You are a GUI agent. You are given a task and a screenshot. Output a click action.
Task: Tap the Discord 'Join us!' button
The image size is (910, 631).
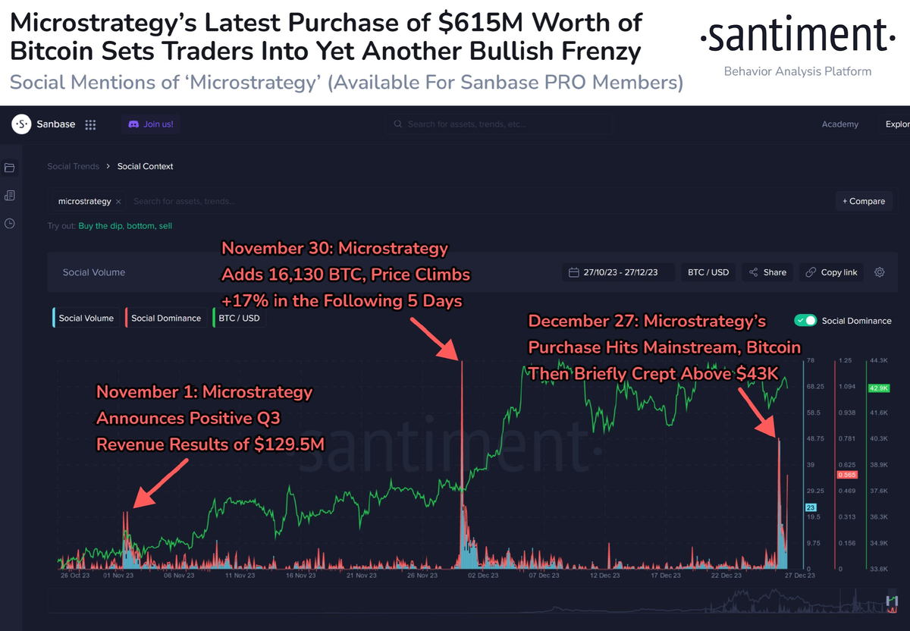tap(151, 124)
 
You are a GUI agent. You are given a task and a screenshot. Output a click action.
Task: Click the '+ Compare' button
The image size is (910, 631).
tap(864, 201)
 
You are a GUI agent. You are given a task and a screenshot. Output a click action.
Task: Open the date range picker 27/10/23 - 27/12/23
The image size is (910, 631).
tap(619, 272)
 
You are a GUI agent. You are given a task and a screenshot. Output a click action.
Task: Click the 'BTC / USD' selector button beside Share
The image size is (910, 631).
tap(708, 272)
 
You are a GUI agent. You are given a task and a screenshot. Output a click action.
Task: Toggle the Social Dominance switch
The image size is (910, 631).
tap(805, 321)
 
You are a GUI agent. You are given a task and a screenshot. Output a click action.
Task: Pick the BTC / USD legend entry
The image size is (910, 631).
tap(238, 318)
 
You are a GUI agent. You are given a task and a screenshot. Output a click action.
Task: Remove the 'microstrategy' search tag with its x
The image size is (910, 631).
tap(118, 202)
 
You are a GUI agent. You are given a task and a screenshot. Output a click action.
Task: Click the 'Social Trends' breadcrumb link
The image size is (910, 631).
tap(73, 166)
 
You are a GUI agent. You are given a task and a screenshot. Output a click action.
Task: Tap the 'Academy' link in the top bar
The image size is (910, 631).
tap(839, 124)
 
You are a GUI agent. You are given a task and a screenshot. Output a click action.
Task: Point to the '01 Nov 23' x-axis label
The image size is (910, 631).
tap(118, 576)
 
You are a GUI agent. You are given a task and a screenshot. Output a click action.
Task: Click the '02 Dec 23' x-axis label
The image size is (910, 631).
tap(482, 576)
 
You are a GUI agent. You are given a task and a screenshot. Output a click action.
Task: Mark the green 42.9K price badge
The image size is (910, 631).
tap(879, 388)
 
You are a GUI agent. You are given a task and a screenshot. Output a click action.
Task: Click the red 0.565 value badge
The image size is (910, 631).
tap(846, 475)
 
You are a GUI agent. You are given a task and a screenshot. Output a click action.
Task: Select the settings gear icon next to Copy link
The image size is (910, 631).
tap(880, 272)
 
